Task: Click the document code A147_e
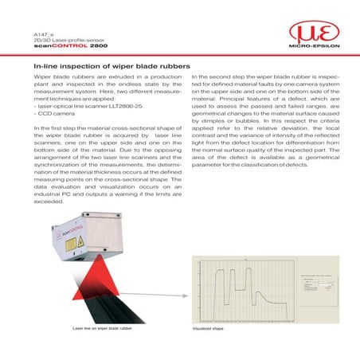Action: pos(40,35)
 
